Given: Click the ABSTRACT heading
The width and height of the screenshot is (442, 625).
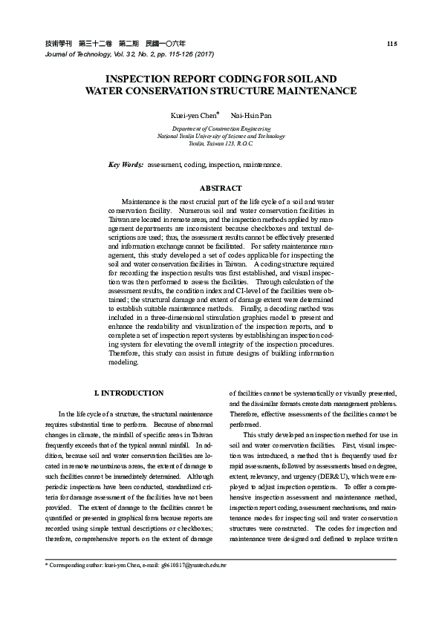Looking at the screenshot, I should [221, 188].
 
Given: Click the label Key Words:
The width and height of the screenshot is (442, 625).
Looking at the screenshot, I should [126, 163].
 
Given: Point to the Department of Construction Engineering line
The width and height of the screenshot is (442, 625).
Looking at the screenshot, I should [221, 129].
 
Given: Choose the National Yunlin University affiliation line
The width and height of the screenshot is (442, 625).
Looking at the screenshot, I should [221, 137].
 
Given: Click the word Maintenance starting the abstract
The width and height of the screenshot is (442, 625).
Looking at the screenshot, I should [140, 202].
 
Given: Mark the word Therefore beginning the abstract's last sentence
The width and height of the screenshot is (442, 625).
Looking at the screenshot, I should [124, 355].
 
